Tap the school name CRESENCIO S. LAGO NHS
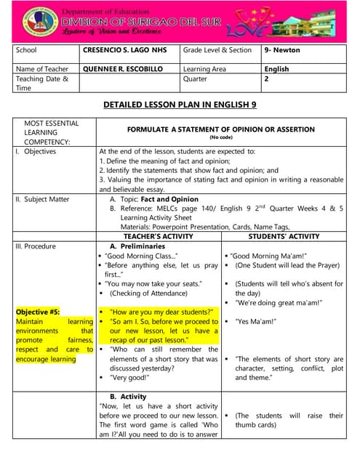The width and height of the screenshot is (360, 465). (x=124, y=50)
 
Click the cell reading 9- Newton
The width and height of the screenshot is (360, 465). (x=282, y=50)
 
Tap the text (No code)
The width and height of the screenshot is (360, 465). (x=221, y=137)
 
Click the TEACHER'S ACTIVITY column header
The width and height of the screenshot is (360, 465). (x=158, y=236)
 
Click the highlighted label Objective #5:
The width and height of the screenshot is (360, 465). (x=37, y=312)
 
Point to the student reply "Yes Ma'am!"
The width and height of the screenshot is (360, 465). (x=257, y=321)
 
